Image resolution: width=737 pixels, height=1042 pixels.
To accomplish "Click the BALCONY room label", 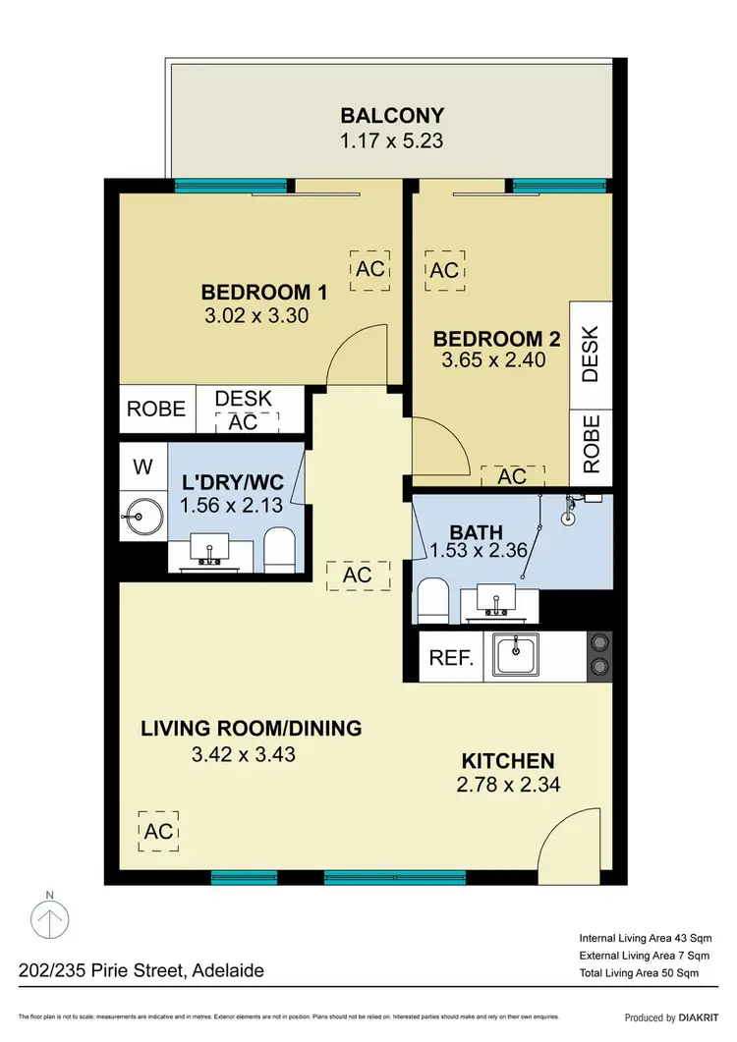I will click(x=391, y=116).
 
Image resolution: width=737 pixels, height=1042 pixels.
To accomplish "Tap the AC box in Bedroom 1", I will click(x=370, y=269).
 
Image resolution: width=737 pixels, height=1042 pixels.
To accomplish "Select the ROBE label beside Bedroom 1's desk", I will click(x=157, y=409).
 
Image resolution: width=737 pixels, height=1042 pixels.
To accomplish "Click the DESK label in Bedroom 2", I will click(x=591, y=354).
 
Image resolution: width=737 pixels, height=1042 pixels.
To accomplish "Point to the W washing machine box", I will click(x=143, y=467).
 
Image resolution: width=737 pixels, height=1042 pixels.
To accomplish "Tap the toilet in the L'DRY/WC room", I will click(x=281, y=549).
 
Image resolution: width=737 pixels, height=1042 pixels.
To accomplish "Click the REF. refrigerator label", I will click(x=452, y=658).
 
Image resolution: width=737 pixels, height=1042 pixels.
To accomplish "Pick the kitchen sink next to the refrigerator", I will click(x=517, y=654).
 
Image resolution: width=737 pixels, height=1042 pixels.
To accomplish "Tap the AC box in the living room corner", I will click(x=158, y=831).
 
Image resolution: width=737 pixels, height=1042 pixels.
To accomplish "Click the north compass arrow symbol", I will click(x=50, y=921).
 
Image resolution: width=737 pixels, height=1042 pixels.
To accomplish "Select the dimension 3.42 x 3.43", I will click(x=244, y=755).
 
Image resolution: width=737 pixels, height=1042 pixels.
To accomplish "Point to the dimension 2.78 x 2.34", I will click(x=508, y=786).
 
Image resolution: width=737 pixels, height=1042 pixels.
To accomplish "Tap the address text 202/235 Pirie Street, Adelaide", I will click(x=142, y=971).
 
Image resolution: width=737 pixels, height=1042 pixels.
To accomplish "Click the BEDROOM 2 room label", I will click(x=496, y=340).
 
